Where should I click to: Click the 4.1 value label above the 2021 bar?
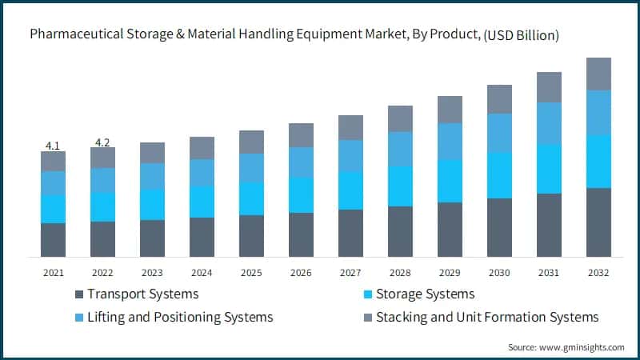coord(53,146)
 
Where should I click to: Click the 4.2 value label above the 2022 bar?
coord(102,142)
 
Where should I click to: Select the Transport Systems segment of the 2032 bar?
coord(598,222)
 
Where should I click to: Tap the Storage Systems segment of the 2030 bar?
coord(499,175)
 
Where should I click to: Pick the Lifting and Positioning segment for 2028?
coord(400,149)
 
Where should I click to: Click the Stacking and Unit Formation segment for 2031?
coord(549,87)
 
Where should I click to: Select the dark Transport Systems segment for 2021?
coord(53,239)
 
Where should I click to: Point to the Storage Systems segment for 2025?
coord(251,198)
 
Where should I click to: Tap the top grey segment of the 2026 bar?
coord(301,135)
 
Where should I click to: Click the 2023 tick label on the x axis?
coord(152,273)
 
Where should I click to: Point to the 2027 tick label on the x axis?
coord(350,273)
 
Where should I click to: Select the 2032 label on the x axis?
coord(598,273)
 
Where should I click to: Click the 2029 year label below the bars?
coord(450,273)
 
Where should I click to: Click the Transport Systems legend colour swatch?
coord(78,294)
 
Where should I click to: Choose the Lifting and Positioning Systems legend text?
coord(180,318)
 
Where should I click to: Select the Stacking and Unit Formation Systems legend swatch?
coord(367,318)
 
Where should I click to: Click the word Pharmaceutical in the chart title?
coord(73,35)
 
